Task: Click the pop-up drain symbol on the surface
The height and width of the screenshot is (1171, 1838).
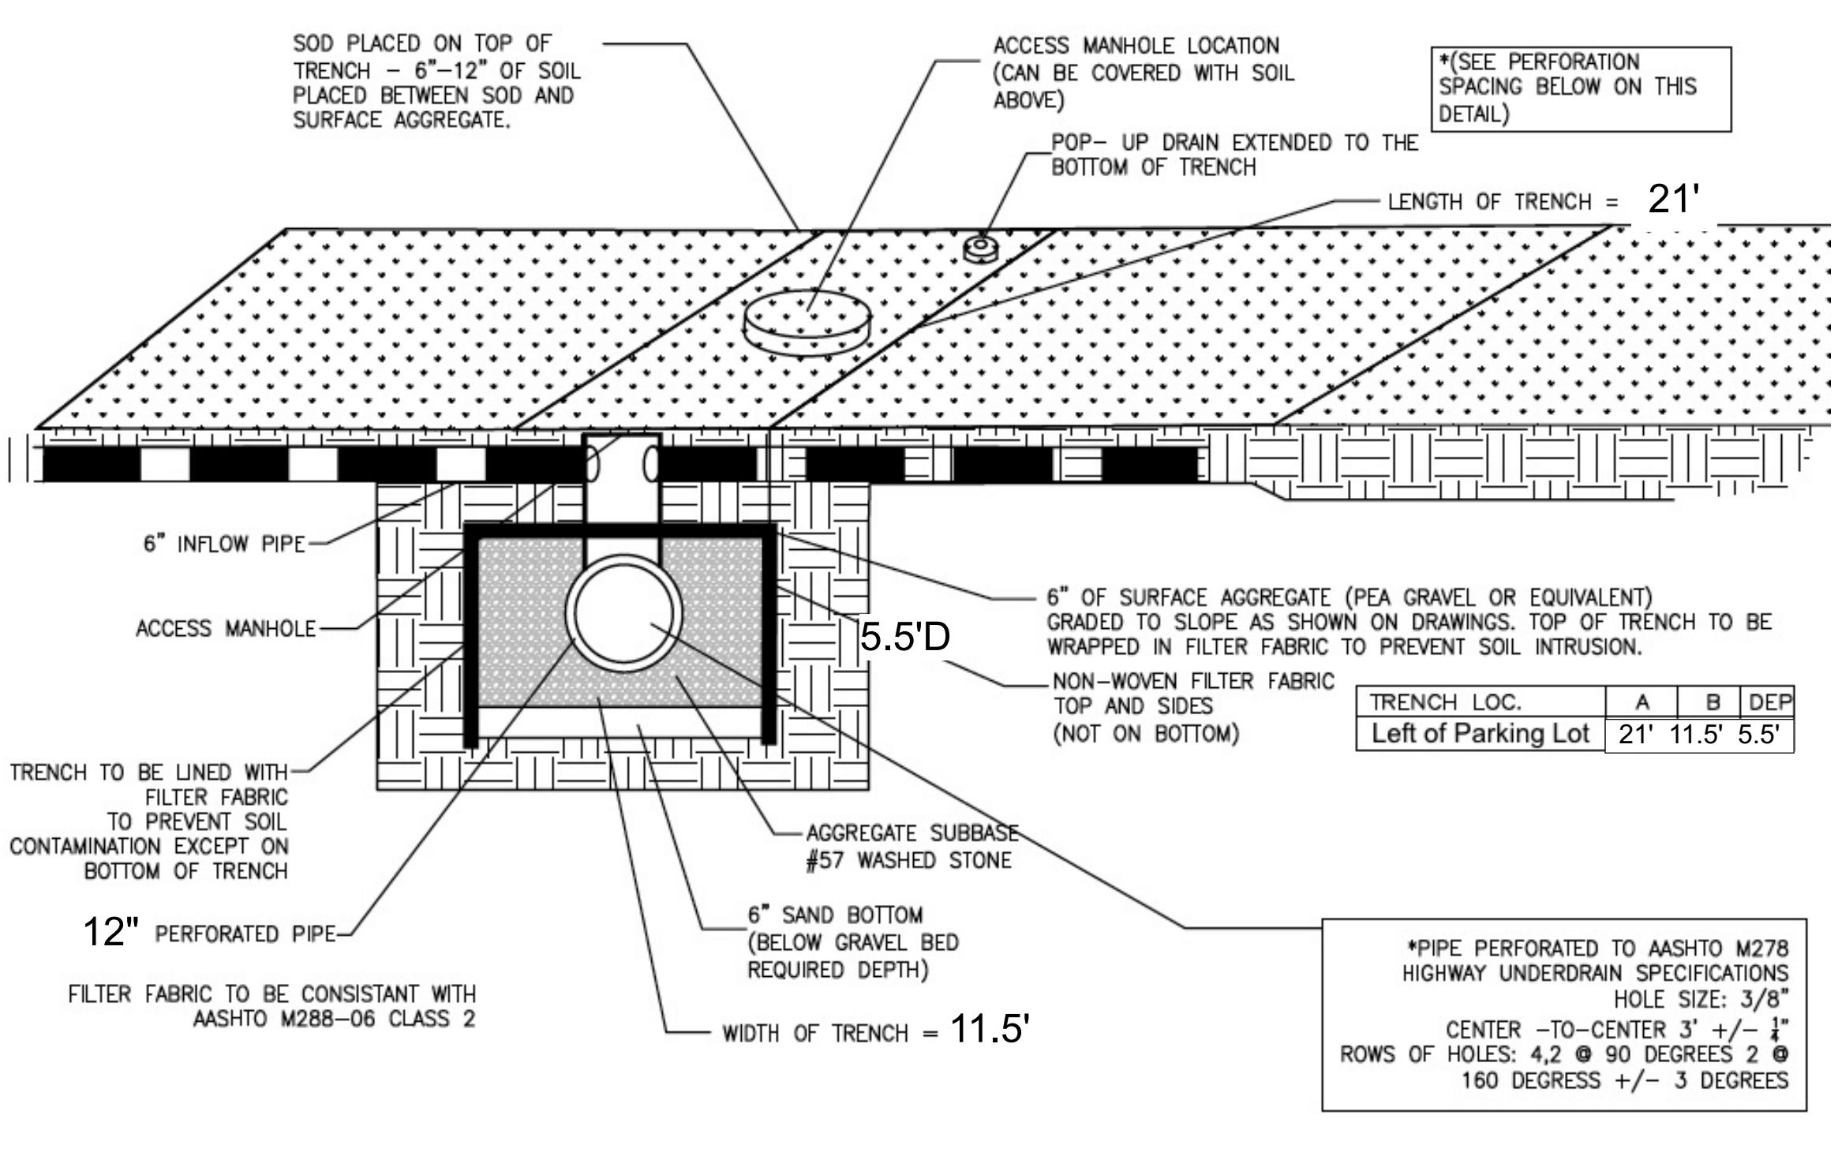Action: (x=981, y=249)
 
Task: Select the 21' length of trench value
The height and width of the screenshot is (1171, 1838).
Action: (x=1672, y=199)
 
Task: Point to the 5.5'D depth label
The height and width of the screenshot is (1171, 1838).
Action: (x=905, y=636)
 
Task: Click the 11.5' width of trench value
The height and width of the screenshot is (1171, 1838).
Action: (x=990, y=1029)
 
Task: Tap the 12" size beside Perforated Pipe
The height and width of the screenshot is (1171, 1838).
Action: (x=111, y=931)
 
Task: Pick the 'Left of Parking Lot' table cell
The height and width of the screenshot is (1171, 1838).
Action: (x=1481, y=734)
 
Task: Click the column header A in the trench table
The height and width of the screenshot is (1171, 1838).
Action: (x=1641, y=701)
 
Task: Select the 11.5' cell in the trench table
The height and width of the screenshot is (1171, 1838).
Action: (x=1695, y=735)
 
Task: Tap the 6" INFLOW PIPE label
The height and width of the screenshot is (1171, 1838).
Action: (x=224, y=544)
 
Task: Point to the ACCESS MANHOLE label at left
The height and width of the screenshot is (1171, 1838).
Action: (x=226, y=629)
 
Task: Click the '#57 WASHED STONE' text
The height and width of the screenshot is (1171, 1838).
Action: (x=908, y=860)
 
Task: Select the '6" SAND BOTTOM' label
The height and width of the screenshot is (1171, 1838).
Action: (x=835, y=915)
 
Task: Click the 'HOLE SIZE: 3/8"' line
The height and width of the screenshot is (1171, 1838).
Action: (x=1701, y=1000)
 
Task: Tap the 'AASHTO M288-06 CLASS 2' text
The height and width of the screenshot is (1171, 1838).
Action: (x=335, y=1019)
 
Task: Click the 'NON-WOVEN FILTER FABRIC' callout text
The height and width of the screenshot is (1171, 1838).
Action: (x=1193, y=681)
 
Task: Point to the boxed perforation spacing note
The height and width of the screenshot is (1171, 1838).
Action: (x=1581, y=88)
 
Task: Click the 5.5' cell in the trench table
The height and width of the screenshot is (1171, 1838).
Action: (x=1758, y=735)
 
